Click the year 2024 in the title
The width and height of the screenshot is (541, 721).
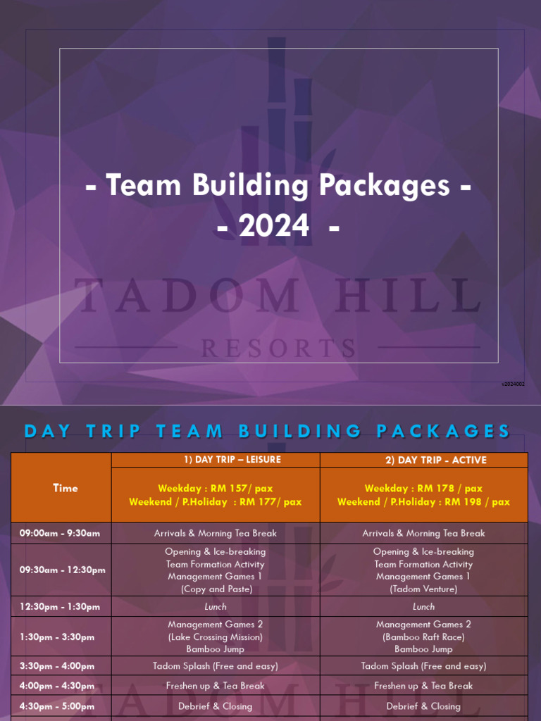(273, 226)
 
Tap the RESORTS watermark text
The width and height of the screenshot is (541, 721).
(278, 348)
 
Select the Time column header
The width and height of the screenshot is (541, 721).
(66, 487)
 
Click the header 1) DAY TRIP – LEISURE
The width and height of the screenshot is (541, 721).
(216, 460)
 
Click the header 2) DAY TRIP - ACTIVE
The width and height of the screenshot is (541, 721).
(423, 460)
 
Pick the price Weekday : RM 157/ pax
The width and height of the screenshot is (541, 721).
(215, 488)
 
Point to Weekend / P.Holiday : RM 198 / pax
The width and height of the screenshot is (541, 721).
(423, 502)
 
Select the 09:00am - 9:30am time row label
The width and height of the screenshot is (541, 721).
(60, 533)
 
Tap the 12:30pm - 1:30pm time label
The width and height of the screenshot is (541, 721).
(60, 606)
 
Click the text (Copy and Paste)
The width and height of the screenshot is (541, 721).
(216, 589)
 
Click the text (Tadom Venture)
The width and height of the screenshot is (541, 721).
(423, 589)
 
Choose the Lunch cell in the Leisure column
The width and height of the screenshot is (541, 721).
(216, 606)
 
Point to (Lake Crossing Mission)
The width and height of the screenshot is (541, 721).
(216, 637)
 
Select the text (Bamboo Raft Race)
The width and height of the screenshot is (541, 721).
(423, 637)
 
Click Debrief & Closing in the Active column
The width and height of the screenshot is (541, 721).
(423, 706)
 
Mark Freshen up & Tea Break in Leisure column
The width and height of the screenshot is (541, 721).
(216, 686)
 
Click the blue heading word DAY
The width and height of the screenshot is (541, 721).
(48, 431)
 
